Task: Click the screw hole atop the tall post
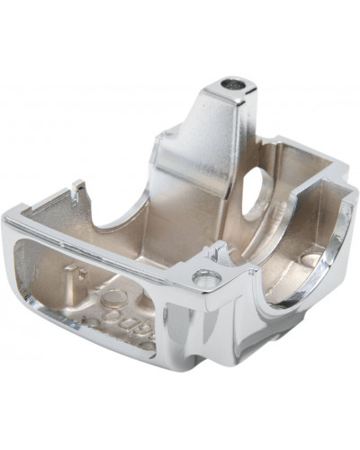(x=237, y=83)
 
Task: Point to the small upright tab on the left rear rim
(x=78, y=190)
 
